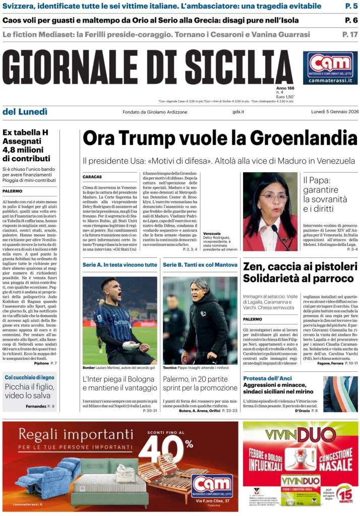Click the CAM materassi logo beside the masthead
pos(330,68)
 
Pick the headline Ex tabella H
pos(25,133)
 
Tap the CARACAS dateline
pos(92,177)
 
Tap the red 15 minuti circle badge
pos(345,492)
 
